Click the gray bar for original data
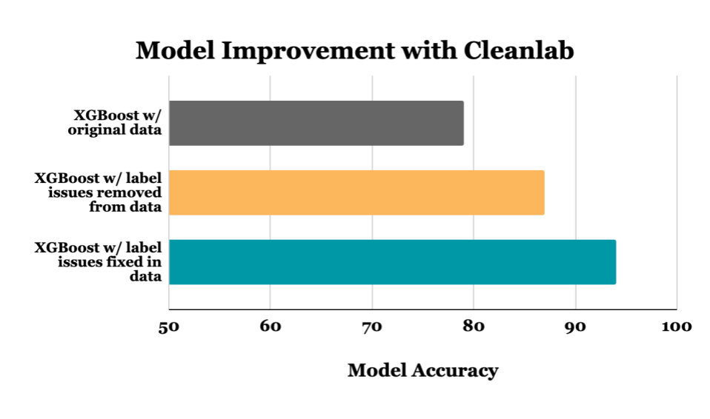(316, 123)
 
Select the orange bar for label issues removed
(356, 192)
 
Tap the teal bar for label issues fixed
(392, 262)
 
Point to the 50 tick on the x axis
(170, 326)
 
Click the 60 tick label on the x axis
(271, 326)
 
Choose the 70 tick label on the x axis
(372, 326)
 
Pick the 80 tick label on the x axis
(474, 326)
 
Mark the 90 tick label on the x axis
(575, 326)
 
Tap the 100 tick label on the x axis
(677, 326)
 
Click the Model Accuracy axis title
(422, 370)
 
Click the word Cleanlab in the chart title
(519, 51)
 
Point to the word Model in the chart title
(172, 51)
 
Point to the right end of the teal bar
(614, 262)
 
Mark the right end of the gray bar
(462, 123)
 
